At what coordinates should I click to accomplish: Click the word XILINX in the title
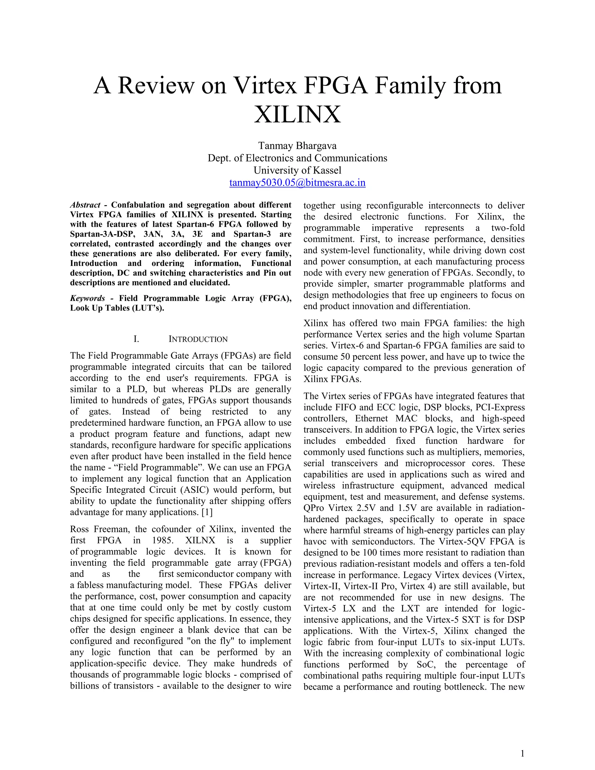(297, 114)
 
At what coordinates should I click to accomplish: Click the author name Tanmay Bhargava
(297, 146)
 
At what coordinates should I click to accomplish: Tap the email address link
(297, 183)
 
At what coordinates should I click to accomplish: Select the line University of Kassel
(297, 170)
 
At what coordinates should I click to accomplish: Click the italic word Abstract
(85, 205)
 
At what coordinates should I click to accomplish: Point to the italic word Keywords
(87, 298)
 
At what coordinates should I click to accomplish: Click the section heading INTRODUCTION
(198, 339)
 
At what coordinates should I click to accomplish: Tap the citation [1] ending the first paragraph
(207, 512)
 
